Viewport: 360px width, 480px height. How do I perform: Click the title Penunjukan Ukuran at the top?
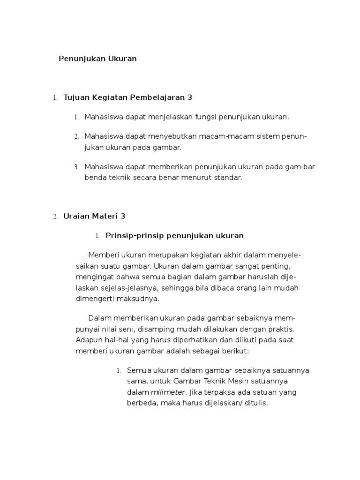(x=97, y=59)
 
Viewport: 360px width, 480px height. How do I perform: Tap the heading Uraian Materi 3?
(x=94, y=216)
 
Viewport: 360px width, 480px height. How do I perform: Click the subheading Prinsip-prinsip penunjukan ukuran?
(x=175, y=235)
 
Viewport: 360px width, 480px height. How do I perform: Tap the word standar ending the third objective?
(x=228, y=178)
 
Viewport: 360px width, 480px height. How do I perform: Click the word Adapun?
(x=88, y=339)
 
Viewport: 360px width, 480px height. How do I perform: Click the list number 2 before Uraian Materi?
(x=55, y=217)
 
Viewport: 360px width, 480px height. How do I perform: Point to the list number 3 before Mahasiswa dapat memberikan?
(x=76, y=167)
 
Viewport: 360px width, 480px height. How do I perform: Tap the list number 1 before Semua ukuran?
(x=119, y=371)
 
